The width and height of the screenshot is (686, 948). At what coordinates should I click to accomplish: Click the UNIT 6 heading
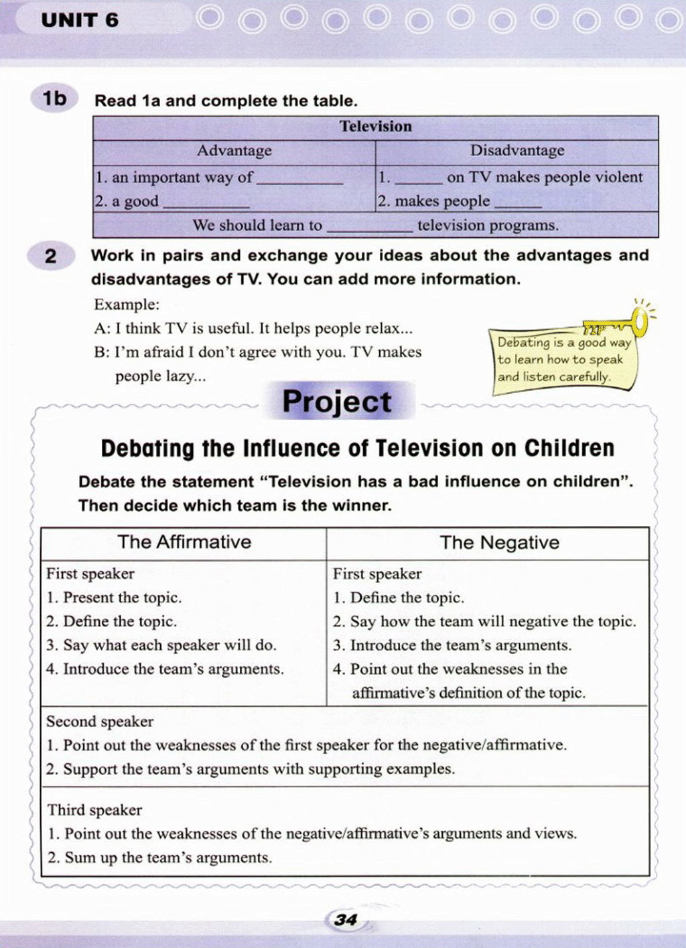(x=80, y=20)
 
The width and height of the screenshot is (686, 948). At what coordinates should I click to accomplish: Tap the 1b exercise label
(x=55, y=99)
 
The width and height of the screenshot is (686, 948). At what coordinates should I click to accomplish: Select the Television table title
(x=375, y=127)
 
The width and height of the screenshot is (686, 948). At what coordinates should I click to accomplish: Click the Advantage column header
(x=234, y=151)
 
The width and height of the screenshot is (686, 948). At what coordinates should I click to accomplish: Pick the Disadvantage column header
(x=517, y=151)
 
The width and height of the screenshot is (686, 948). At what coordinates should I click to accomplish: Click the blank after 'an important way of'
(x=300, y=180)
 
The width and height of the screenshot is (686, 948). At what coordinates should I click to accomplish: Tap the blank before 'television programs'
(x=369, y=228)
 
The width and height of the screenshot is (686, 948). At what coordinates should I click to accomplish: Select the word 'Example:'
(x=127, y=305)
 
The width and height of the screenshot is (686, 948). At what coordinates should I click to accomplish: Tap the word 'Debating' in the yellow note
(x=523, y=342)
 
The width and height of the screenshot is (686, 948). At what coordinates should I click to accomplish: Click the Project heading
(x=336, y=401)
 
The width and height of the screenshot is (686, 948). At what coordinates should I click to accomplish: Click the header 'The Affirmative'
(x=184, y=542)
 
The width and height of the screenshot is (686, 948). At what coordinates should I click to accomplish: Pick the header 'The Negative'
(x=499, y=543)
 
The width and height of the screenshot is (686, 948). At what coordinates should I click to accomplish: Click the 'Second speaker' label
(x=100, y=722)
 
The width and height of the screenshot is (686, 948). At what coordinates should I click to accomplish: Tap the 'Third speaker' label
(x=94, y=810)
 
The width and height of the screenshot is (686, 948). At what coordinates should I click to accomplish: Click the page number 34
(x=346, y=920)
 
